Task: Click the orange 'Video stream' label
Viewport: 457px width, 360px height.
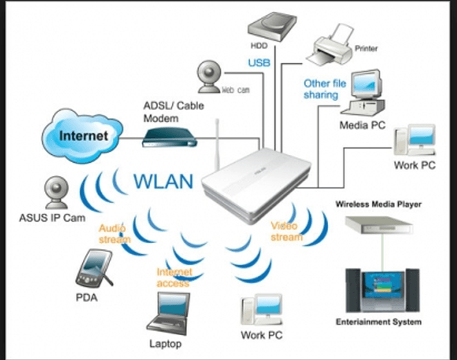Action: (x=286, y=231)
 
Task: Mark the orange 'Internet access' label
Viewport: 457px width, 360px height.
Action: (x=174, y=277)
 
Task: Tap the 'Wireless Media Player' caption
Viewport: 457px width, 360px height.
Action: (x=378, y=204)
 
